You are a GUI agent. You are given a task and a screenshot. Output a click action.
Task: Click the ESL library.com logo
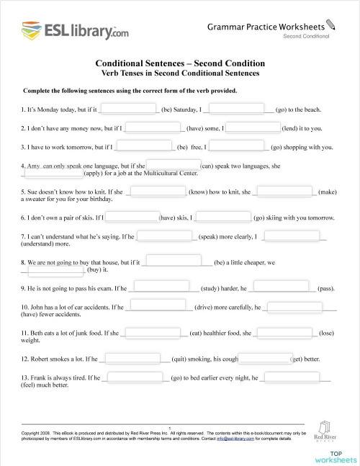pyautogui.click(x=65, y=31)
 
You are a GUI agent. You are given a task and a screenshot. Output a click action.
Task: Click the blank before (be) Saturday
pyautogui.click(x=128, y=110)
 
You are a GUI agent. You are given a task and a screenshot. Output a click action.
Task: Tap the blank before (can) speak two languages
pyautogui.click(x=173, y=165)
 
